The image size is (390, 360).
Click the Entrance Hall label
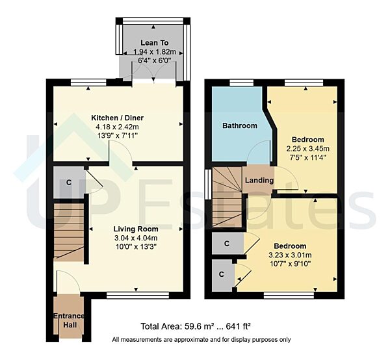[70, 320]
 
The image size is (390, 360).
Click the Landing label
[259, 181]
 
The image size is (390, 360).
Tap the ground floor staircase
[68, 231]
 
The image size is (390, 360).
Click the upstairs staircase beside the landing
[226, 195]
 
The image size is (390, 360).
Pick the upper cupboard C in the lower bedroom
[226, 244]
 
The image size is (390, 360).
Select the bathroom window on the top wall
[241, 82]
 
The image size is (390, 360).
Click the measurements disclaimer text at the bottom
[201, 340]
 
